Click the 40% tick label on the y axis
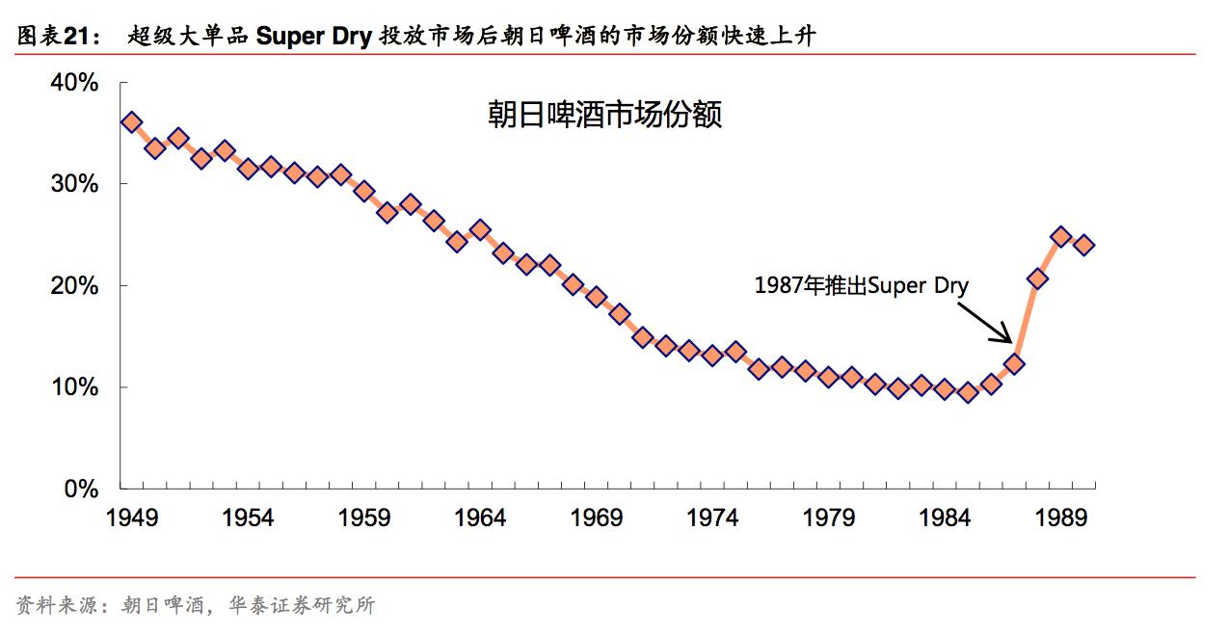click(74, 83)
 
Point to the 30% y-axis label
click(74, 184)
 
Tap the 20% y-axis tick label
click(74, 286)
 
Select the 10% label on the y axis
click(74, 387)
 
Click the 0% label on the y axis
click(81, 490)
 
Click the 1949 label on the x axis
click(131, 518)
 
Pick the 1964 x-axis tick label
click(480, 518)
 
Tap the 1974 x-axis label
click(712, 518)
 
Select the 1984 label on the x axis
click(945, 518)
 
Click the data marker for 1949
click(132, 122)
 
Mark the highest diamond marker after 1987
click(1061, 236)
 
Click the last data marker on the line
click(1084, 245)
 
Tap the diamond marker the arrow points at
click(1014, 364)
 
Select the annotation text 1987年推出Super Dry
click(861, 285)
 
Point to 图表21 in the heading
click(59, 38)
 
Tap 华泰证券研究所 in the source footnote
click(302, 605)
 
